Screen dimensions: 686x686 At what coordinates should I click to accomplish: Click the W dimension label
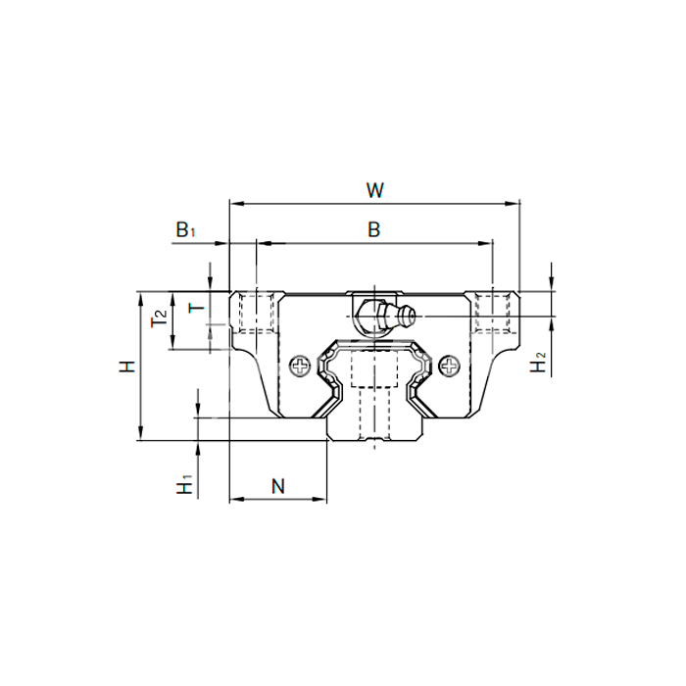coord(375,190)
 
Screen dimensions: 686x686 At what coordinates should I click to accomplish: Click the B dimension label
coord(374,229)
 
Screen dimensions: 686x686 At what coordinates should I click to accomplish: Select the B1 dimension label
coord(185,229)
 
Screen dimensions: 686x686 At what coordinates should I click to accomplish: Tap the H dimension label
coord(127,367)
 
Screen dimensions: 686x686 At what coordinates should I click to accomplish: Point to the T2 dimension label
coord(159,318)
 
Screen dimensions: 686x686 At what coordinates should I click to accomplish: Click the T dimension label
coord(196,308)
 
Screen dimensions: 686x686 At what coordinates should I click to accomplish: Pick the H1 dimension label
coord(184,484)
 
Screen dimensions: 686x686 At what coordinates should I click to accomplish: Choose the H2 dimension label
coord(538,363)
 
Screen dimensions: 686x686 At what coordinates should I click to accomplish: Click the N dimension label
coord(278,486)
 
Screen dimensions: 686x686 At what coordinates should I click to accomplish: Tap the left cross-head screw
coord(300,366)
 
